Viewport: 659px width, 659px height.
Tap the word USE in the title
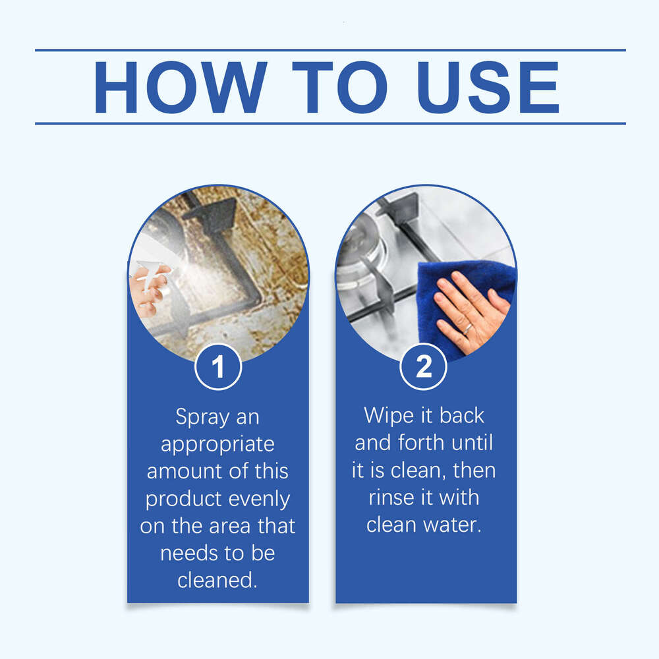point(488,88)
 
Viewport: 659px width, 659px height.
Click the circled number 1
point(218,367)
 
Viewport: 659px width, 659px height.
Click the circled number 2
point(424,367)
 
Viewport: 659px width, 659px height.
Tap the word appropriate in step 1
point(217,444)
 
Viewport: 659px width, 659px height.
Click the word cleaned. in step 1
point(217,581)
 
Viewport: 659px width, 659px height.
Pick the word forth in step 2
point(422,443)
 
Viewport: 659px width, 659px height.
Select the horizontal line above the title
point(329,50)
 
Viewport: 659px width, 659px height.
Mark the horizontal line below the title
point(329,123)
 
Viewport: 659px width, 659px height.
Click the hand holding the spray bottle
point(146,293)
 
